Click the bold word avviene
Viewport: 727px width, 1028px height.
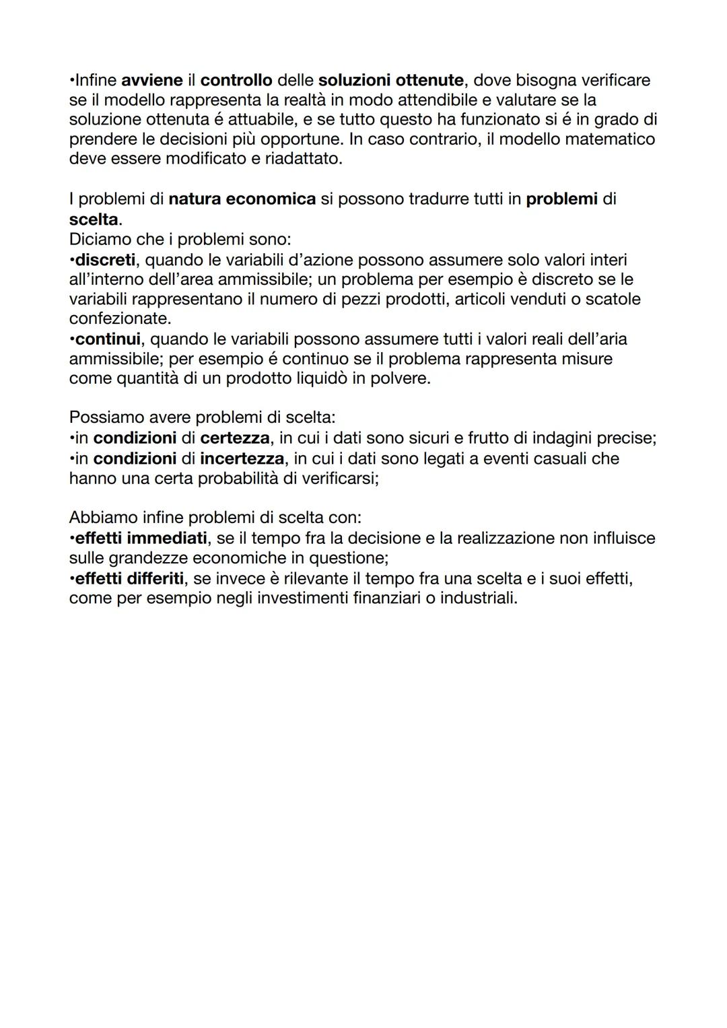[x=151, y=80]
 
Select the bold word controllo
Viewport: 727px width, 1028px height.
[x=236, y=80]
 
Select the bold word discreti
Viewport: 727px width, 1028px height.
[x=105, y=259]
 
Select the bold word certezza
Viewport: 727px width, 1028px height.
[x=235, y=438]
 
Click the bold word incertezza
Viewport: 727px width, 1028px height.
[x=242, y=458]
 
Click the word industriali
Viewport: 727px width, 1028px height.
[x=479, y=598]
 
